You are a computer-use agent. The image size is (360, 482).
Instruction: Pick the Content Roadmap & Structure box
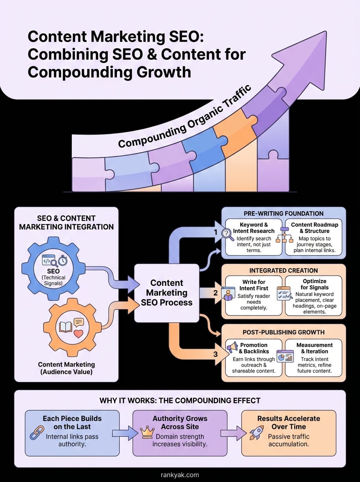click(313, 237)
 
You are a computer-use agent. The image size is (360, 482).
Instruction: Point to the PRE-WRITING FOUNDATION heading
click(283, 213)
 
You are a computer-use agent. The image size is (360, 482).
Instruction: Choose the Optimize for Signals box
click(313, 295)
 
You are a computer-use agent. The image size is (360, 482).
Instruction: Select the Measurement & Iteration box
click(313, 357)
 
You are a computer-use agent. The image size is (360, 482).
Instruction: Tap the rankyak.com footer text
click(180, 475)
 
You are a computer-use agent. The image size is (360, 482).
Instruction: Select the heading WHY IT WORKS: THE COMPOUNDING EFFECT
click(180, 400)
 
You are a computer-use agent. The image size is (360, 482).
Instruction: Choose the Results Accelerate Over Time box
click(288, 433)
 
